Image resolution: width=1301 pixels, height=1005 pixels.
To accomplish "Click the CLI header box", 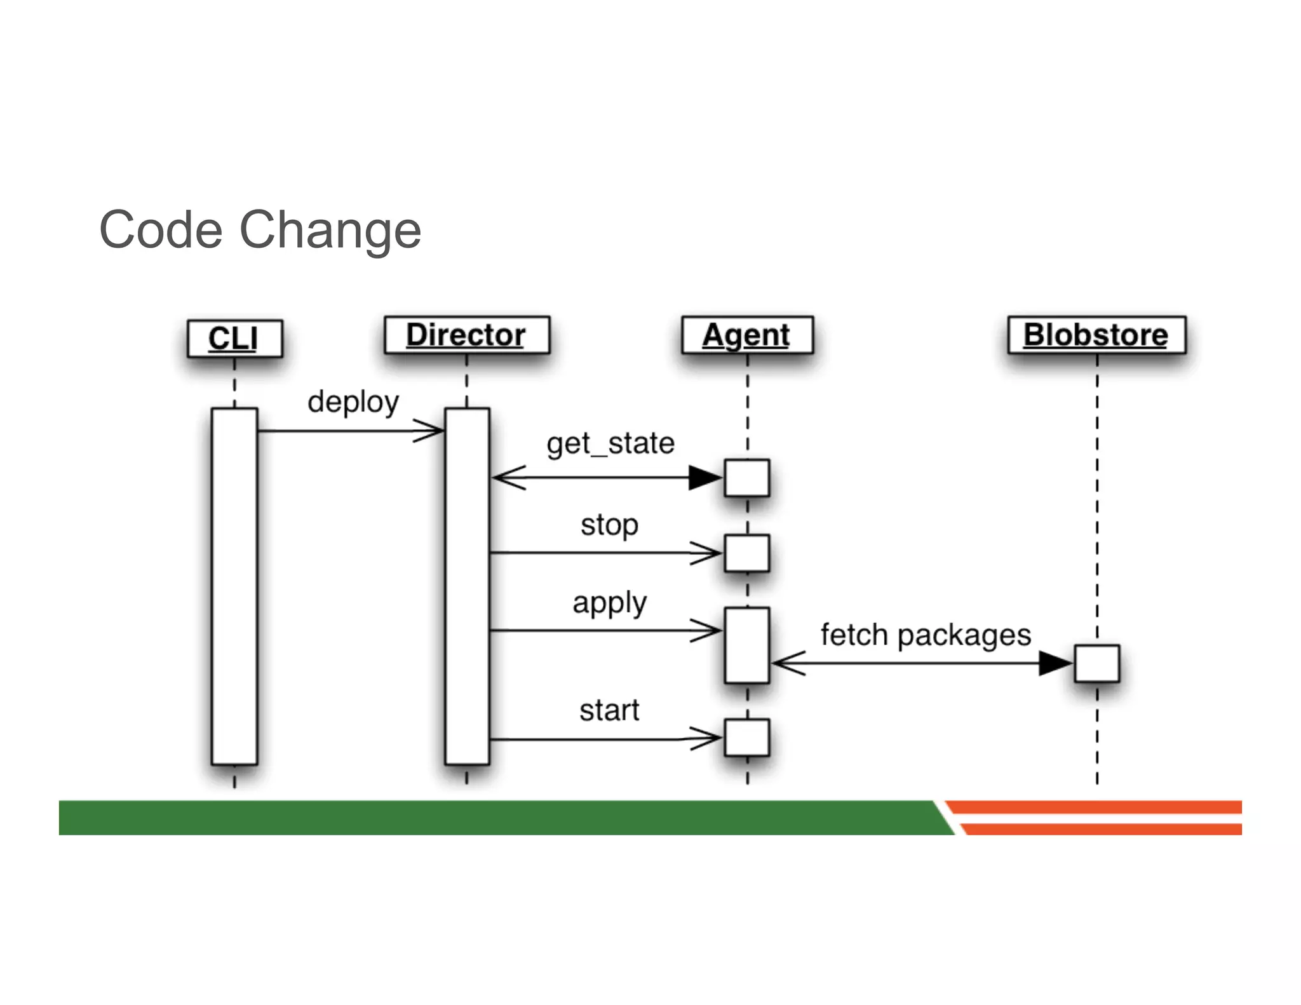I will (x=234, y=339).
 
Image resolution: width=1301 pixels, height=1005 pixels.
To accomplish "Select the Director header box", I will (x=466, y=335).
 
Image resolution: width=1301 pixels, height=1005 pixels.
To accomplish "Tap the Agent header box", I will (x=746, y=335).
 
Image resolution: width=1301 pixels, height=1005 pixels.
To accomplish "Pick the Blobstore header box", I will (x=1096, y=335).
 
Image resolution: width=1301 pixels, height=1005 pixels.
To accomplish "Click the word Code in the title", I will (x=161, y=230).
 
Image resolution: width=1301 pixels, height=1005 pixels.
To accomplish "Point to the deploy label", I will (x=353, y=402).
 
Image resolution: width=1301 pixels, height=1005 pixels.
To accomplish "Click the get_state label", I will (x=610, y=443).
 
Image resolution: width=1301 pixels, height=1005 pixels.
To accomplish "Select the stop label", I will (x=609, y=525).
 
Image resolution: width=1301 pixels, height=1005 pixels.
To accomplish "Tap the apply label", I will (x=609, y=603).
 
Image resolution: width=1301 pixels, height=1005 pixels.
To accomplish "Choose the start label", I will (x=609, y=710).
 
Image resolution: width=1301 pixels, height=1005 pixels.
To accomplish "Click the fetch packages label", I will (x=925, y=635).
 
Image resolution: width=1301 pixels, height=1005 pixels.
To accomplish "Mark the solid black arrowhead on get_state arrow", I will (x=704, y=478).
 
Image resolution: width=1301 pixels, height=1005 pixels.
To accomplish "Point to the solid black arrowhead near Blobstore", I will (x=1055, y=663).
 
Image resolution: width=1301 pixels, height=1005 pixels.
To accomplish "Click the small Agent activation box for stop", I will (x=746, y=553).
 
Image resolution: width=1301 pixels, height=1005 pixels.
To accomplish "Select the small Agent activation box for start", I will (x=746, y=738).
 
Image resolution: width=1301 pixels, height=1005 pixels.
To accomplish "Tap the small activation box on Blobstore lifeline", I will (x=1096, y=663).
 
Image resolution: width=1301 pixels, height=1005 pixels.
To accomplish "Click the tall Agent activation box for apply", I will (x=746, y=645).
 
